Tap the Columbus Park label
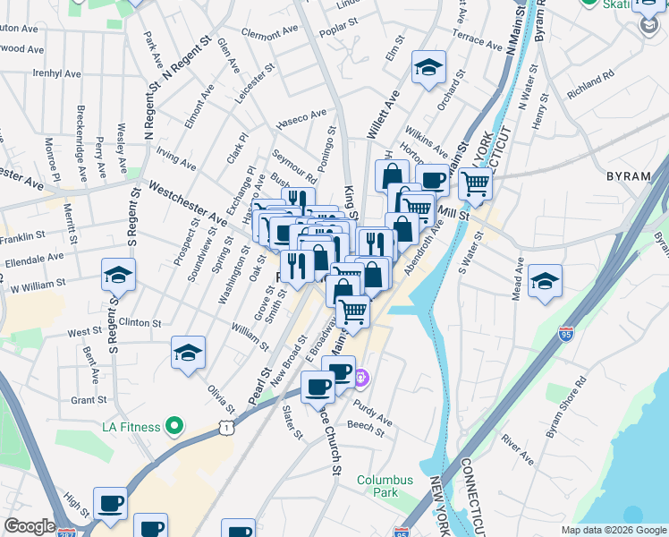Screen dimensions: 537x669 click(385, 486)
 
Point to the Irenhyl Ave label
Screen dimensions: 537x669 click(56, 73)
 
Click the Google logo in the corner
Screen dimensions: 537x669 click(30, 526)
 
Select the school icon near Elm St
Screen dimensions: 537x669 click(429, 68)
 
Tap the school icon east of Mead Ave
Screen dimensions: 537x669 click(545, 282)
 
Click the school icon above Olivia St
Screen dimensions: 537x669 click(188, 354)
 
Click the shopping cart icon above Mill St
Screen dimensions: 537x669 click(476, 183)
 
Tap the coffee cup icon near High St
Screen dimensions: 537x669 click(110, 504)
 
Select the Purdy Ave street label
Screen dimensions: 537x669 click(372, 413)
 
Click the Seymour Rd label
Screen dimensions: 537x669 click(295, 166)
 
